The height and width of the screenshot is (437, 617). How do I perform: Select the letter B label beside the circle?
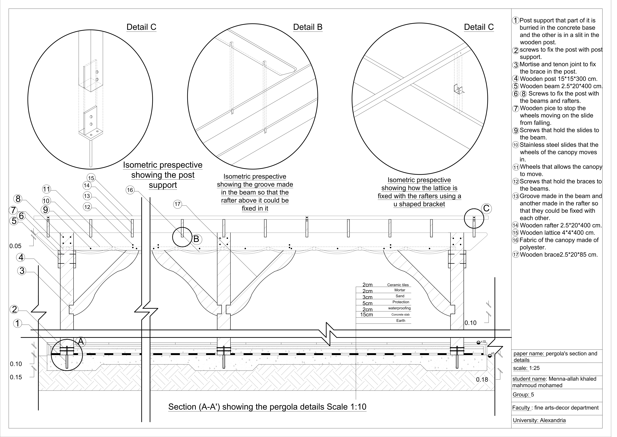pyautogui.click(x=196, y=239)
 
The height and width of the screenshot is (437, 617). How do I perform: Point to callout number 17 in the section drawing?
pyautogui.click(x=177, y=204)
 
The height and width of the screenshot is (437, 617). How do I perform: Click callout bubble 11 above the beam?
pyautogui.click(x=46, y=189)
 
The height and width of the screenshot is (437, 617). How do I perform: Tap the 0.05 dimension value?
pyautogui.click(x=15, y=246)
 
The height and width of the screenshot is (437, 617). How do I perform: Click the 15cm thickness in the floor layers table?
pyautogui.click(x=367, y=315)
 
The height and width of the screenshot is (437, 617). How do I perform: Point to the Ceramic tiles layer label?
pyautogui.click(x=398, y=285)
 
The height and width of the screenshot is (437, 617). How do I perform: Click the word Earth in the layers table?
pyautogui.click(x=400, y=321)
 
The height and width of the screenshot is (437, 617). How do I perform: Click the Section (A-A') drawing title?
pyautogui.click(x=267, y=407)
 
